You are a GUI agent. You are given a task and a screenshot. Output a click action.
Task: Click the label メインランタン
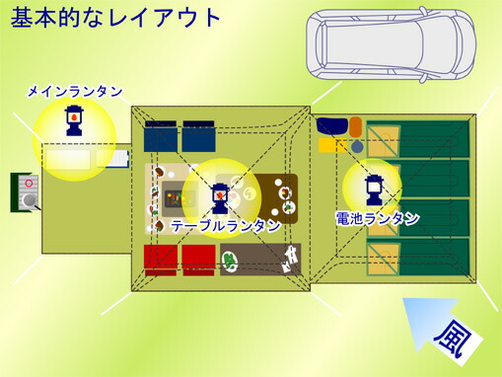[x=74, y=92]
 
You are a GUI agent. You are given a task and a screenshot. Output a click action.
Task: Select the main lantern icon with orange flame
[x=73, y=119]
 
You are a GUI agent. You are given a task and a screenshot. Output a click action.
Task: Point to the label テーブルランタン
[x=225, y=226]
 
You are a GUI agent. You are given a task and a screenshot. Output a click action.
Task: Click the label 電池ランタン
[x=378, y=218]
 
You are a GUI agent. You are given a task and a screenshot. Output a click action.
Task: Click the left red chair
[x=160, y=260]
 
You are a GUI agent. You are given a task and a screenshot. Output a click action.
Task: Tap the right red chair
[x=198, y=260]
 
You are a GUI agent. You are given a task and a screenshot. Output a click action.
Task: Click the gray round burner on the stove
[x=30, y=200]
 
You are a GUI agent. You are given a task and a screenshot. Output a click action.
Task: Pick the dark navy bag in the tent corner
[x=332, y=125]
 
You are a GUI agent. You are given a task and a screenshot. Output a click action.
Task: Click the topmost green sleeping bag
[x=430, y=140]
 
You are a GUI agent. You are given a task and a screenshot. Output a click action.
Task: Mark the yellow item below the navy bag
[x=328, y=145]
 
